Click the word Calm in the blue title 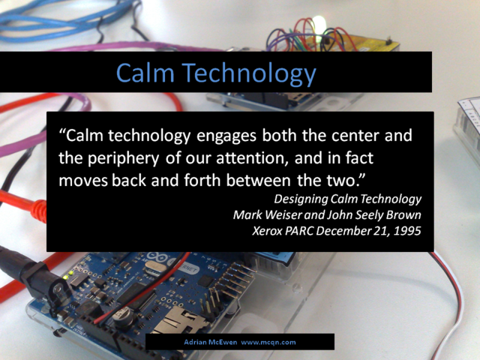pyautogui.click(x=145, y=72)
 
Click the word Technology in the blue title pyautogui.click(x=250, y=74)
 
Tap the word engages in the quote pyautogui.click(x=226, y=136)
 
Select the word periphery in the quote pyautogui.click(x=124, y=159)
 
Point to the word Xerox pyautogui.click(x=267, y=231)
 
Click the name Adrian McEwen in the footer pyautogui.click(x=210, y=342)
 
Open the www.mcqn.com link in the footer pyautogui.click(x=268, y=343)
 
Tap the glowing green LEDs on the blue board pyautogui.click(x=68, y=275)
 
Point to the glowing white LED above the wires pyautogui.click(x=319, y=24)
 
